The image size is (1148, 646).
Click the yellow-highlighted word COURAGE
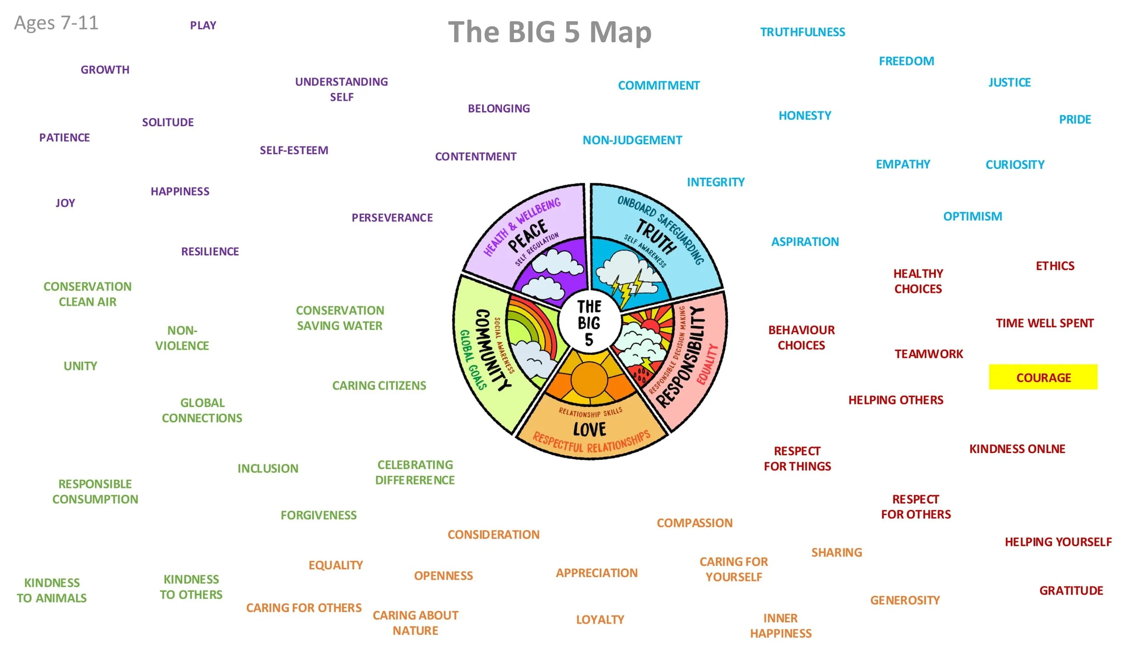point(1043,377)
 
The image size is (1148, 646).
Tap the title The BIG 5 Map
point(550,32)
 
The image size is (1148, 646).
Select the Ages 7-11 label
point(56,23)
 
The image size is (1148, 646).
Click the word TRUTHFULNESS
point(802,32)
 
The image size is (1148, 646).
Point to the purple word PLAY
point(203,25)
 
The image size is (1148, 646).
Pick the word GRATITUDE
point(1071,590)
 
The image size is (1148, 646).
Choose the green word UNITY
point(80,366)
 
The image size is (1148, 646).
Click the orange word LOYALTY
point(600,619)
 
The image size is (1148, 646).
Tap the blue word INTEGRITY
point(715,182)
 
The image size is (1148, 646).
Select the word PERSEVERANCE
point(392,218)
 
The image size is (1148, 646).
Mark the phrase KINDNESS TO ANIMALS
point(52,590)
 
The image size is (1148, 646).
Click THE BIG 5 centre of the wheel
point(589,323)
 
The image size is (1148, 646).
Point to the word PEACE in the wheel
point(528,235)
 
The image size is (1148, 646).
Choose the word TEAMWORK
point(929,354)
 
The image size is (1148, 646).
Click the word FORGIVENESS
point(319,515)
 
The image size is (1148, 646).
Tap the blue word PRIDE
point(1075,119)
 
